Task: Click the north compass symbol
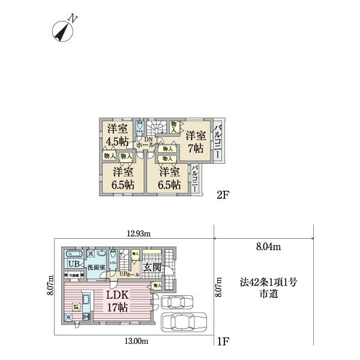(x=63, y=30)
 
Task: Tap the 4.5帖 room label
(x=117, y=135)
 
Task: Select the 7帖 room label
(x=196, y=141)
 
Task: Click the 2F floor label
(x=223, y=195)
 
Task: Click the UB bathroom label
(x=73, y=265)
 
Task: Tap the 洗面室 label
(x=95, y=266)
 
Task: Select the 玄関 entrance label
(x=151, y=267)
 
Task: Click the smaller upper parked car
(x=176, y=302)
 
